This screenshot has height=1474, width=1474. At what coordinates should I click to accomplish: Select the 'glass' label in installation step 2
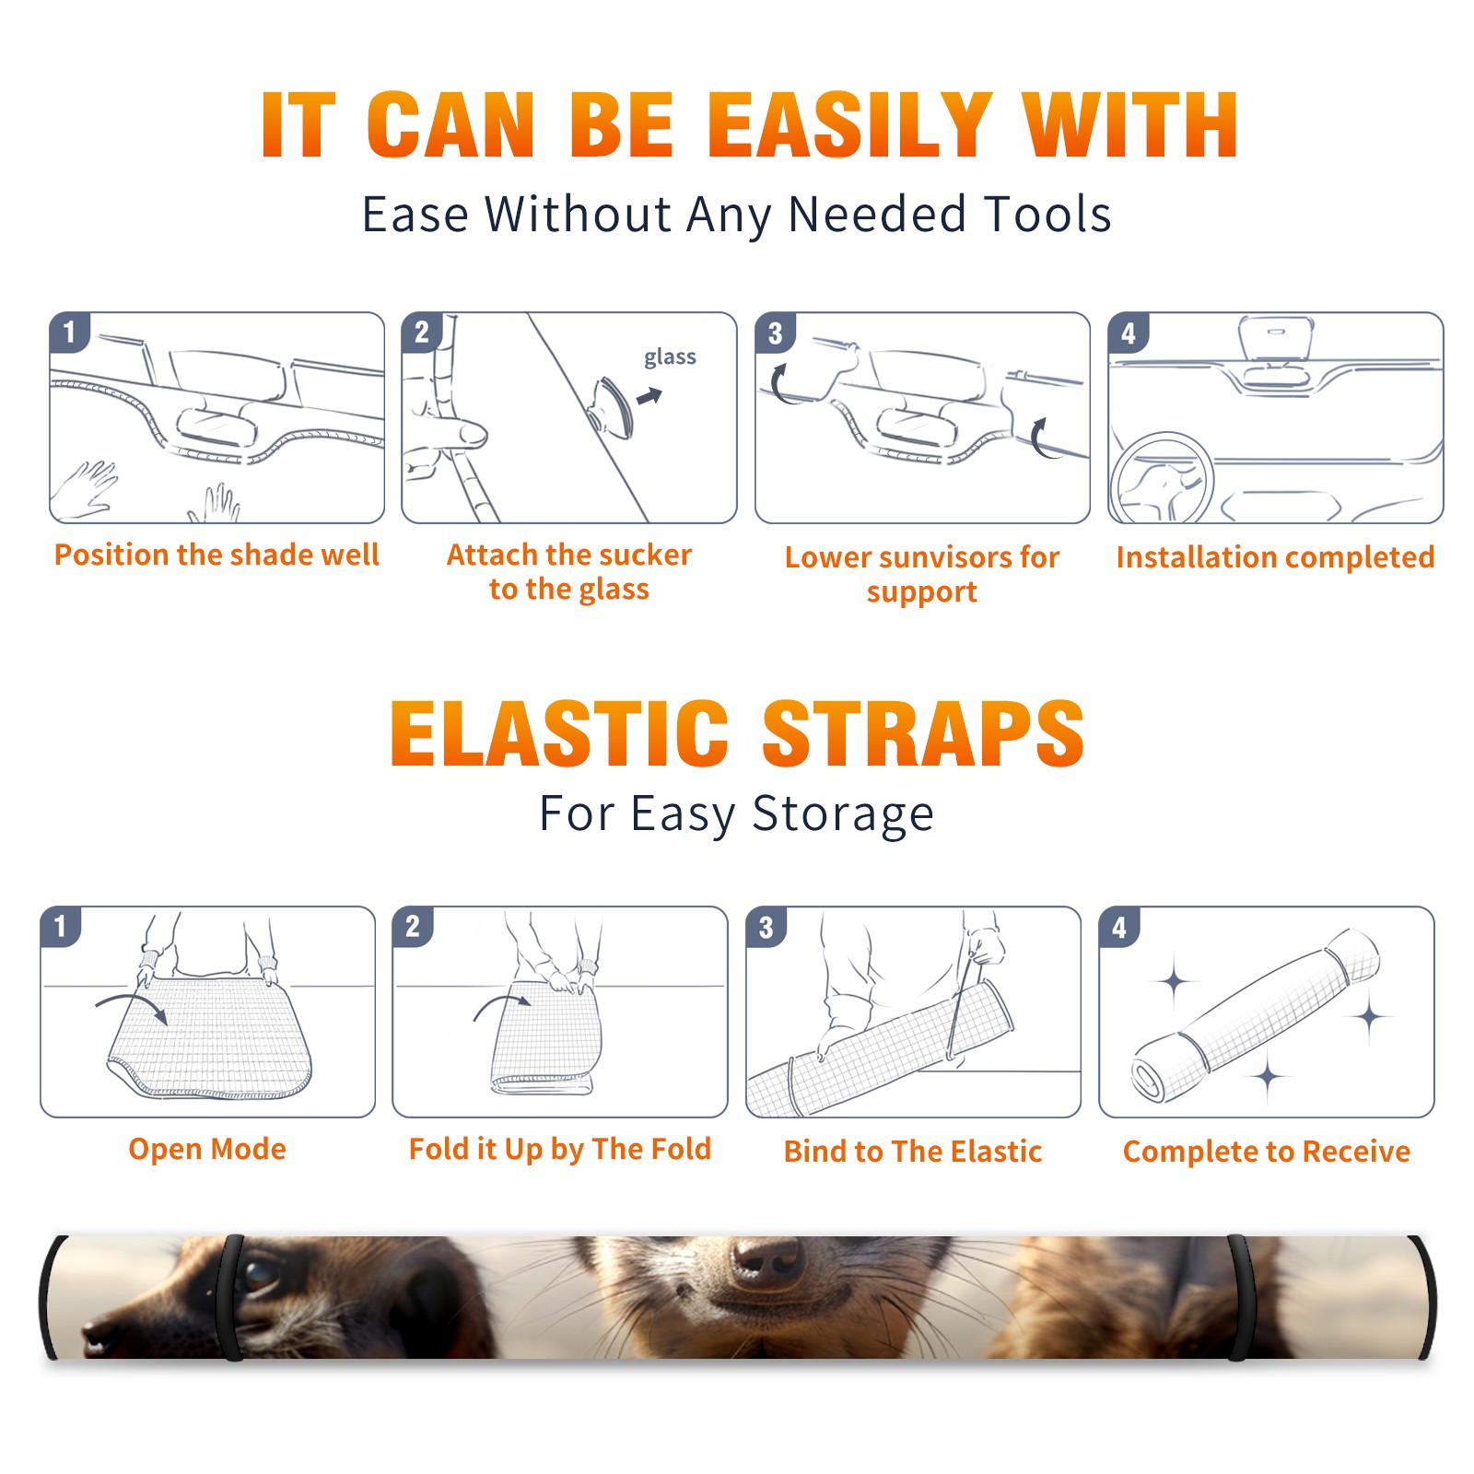670,357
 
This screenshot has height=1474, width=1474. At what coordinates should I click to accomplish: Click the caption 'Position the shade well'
216,555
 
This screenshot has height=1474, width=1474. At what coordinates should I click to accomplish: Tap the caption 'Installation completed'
1275,556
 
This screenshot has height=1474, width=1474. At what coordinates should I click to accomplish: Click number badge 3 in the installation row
775,333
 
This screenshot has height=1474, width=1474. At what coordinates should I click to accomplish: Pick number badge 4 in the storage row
1119,927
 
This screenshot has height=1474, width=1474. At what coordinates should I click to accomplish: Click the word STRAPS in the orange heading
923,733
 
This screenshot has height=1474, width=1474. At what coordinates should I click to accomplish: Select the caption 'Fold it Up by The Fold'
560,1149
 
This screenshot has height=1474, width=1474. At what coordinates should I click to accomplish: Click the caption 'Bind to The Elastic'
913,1152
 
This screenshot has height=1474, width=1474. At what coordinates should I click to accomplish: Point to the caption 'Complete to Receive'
1267,1152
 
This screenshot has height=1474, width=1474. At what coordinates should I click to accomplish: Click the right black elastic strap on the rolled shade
1236,1297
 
